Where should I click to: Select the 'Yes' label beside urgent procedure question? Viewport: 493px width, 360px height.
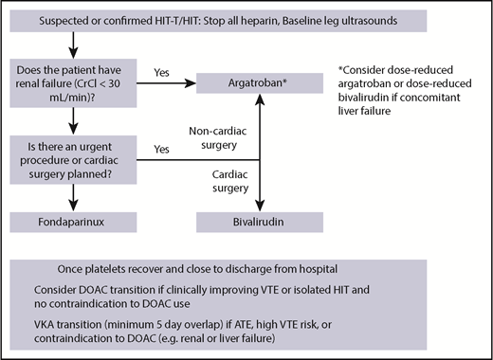162,149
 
